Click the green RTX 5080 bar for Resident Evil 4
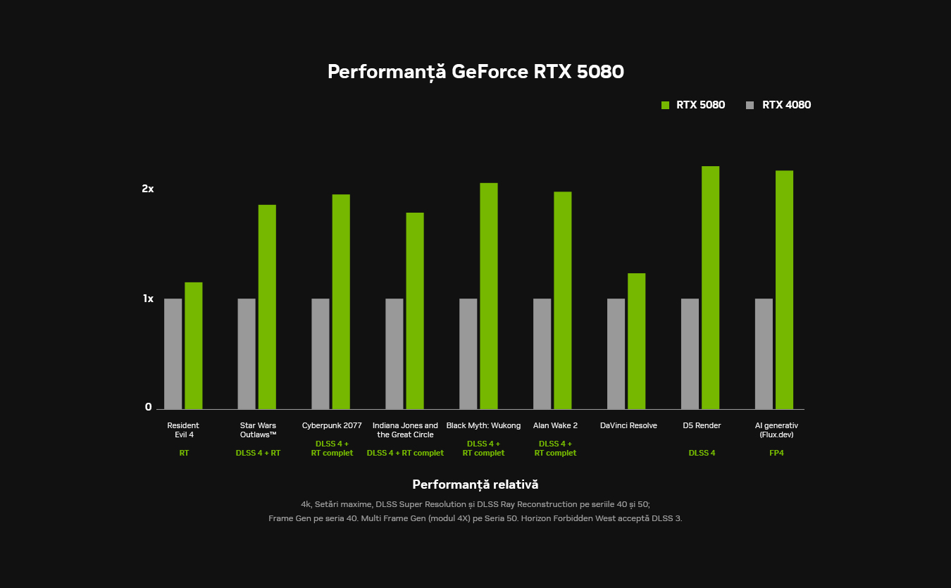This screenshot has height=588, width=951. coord(194,346)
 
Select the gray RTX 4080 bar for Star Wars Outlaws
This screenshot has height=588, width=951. coord(247,354)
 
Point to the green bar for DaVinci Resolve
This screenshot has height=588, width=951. coord(636,341)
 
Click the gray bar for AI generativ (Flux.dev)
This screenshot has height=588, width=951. coord(764,354)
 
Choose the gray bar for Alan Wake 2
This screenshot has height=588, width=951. coord(542,354)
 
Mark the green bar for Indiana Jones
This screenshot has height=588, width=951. coord(415,311)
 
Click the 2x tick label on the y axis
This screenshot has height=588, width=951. coord(147,189)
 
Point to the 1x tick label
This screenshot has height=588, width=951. coord(148,299)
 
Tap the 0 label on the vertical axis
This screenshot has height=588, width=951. coord(149,407)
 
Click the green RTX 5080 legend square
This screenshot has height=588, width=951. coord(665,106)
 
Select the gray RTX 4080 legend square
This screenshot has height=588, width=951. coord(750,106)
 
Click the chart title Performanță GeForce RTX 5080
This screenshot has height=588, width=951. coord(475,72)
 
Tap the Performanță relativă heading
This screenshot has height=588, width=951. coord(475,484)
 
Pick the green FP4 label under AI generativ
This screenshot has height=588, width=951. coord(776,453)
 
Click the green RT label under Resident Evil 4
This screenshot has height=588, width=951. coord(184,453)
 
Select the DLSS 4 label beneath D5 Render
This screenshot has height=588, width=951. coord(702,453)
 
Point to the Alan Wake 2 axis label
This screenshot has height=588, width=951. coord(555,425)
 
